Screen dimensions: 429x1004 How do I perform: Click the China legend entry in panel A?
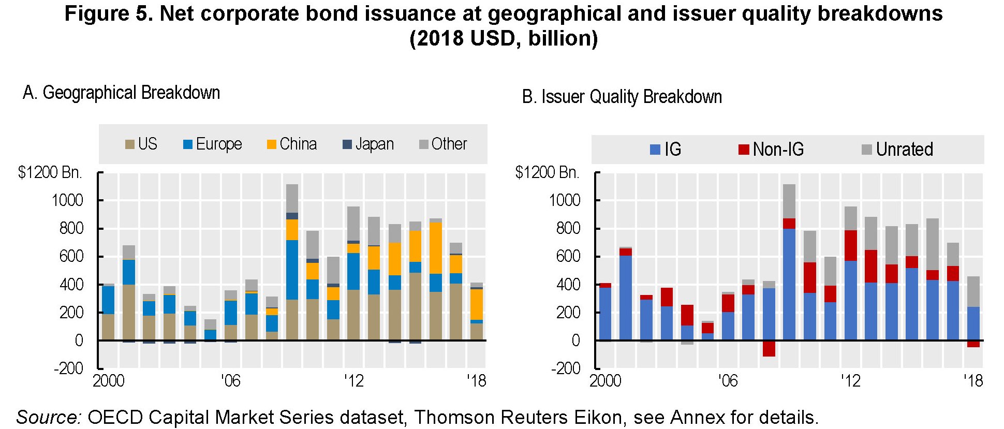(x=292, y=144)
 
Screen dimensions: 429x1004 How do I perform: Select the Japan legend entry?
(x=368, y=144)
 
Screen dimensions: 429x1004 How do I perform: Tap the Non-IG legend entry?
(x=771, y=150)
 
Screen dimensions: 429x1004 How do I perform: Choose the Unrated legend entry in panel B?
(x=897, y=150)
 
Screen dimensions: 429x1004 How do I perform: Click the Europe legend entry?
(x=213, y=144)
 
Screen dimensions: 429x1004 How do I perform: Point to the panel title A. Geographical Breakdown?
(x=122, y=93)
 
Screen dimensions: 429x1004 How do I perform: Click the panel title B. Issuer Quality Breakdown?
(x=622, y=97)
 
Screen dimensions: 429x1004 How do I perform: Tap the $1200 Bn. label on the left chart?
(x=50, y=172)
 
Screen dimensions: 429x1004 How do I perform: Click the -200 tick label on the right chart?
(x=565, y=368)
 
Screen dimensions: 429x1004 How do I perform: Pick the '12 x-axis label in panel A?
(x=354, y=381)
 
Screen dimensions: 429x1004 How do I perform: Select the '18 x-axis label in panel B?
(x=972, y=381)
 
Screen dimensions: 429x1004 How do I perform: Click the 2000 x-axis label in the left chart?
(x=109, y=381)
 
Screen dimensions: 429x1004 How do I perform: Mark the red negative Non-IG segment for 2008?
(x=769, y=348)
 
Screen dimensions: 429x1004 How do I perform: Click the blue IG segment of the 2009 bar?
(x=789, y=285)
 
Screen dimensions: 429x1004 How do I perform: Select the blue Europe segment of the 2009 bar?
(x=292, y=270)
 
